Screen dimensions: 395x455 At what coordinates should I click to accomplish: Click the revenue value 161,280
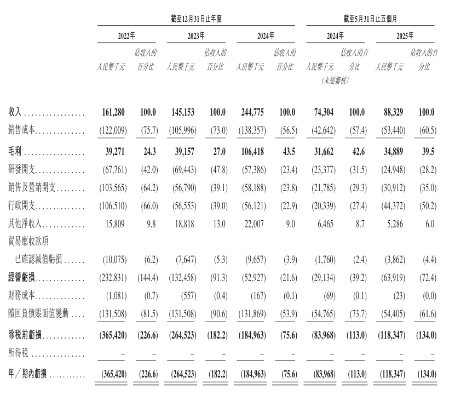click(x=113, y=112)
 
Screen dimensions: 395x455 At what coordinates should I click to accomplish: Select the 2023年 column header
click(x=196, y=36)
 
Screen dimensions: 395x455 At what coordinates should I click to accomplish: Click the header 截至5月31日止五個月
click(x=370, y=19)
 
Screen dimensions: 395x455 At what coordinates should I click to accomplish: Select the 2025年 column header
click(x=405, y=36)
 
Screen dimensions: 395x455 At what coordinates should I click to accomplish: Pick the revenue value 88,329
click(x=392, y=112)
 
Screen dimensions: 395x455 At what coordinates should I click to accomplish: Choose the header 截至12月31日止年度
click(x=195, y=19)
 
